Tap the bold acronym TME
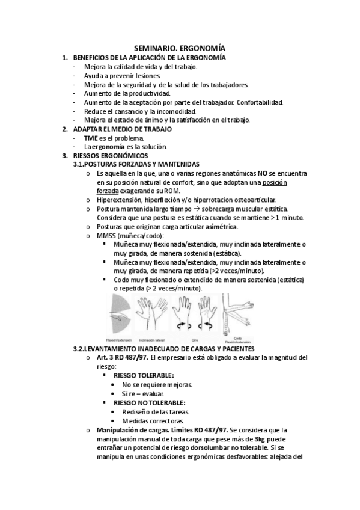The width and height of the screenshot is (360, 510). coord(91,138)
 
